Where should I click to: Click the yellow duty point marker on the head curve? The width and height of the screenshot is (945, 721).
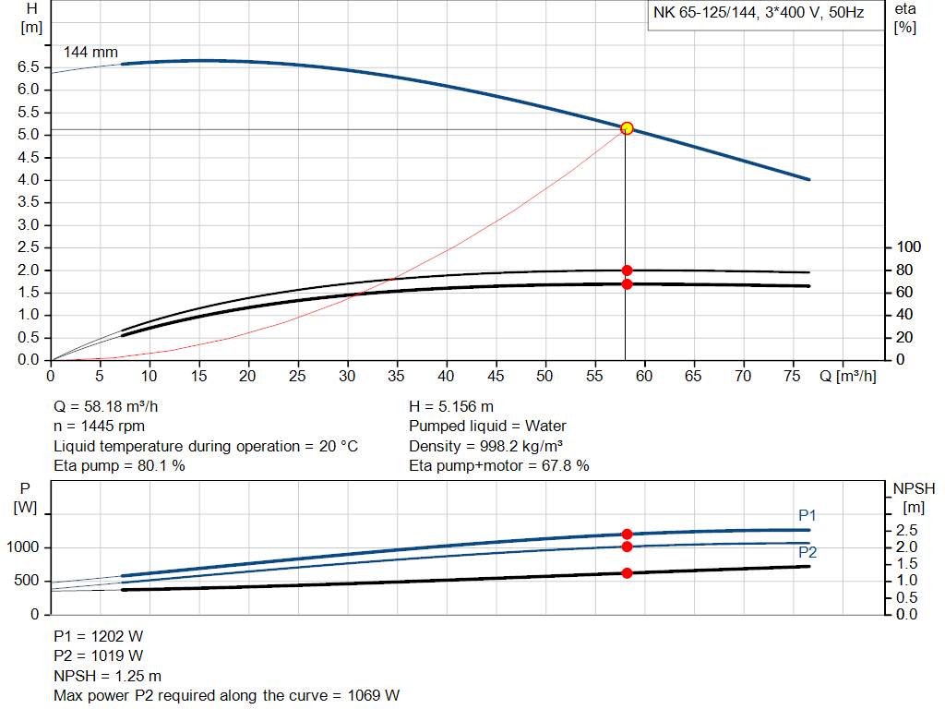pyautogui.click(x=627, y=128)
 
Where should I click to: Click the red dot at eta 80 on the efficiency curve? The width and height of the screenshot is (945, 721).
pyautogui.click(x=627, y=270)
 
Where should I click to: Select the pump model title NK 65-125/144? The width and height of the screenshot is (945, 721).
pyautogui.click(x=758, y=14)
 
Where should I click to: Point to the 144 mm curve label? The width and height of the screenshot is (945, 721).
pyautogui.click(x=90, y=52)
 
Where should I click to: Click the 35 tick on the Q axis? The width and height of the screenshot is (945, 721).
pyautogui.click(x=396, y=377)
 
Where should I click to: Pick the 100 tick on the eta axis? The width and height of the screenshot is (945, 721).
pyautogui.click(x=909, y=247)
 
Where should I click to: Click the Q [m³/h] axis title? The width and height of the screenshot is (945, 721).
pyautogui.click(x=846, y=377)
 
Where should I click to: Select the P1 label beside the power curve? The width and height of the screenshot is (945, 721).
pyautogui.click(x=807, y=515)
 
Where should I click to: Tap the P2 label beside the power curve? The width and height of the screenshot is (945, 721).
pyautogui.click(x=807, y=552)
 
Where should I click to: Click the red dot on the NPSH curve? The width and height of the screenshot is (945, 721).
pyautogui.click(x=627, y=573)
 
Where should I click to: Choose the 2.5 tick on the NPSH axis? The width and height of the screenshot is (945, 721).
pyautogui.click(x=906, y=530)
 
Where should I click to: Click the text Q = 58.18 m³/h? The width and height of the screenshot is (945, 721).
pyautogui.click(x=113, y=406)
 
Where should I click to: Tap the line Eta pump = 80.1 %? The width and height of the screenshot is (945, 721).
pyautogui.click(x=120, y=466)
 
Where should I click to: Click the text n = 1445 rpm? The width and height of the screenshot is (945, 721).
pyautogui.click(x=100, y=427)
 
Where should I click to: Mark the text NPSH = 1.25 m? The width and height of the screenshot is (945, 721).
pyautogui.click(x=108, y=676)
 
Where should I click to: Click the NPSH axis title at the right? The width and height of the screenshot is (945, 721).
pyautogui.click(x=913, y=496)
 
